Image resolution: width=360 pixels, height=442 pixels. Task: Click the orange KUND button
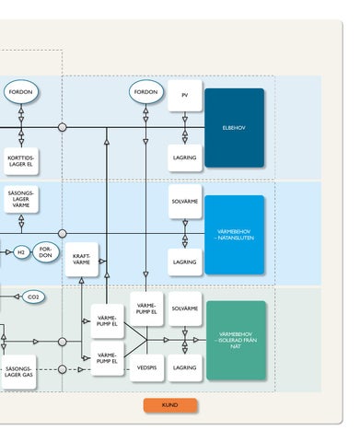(x=170, y=405)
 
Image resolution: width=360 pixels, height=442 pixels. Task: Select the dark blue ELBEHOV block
(x=234, y=128)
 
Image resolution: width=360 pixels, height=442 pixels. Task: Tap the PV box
(x=185, y=96)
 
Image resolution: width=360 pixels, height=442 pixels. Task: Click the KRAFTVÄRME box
(x=82, y=260)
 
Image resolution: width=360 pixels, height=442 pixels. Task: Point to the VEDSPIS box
(x=146, y=367)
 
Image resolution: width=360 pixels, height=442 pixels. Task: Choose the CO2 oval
(x=33, y=297)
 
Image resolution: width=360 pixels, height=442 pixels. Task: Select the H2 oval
(x=21, y=252)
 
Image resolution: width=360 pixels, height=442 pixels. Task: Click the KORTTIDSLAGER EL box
(x=21, y=161)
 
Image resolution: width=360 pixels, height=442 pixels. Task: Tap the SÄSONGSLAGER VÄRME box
(x=21, y=199)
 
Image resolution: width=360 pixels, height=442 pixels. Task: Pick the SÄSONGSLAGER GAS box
(x=18, y=372)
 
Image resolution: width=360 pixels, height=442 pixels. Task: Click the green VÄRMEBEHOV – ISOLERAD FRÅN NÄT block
(x=236, y=341)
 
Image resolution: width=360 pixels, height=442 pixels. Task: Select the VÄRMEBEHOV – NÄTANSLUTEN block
(x=234, y=235)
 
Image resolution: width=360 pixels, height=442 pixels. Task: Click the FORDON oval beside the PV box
(x=146, y=92)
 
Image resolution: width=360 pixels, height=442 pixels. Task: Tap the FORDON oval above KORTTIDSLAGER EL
(x=21, y=92)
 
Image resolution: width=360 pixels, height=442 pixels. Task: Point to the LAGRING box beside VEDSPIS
(x=185, y=367)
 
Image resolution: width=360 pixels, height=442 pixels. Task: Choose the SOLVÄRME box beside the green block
(x=185, y=308)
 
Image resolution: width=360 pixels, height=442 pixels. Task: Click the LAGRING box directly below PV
(x=185, y=157)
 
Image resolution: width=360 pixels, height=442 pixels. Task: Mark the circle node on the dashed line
(x=62, y=369)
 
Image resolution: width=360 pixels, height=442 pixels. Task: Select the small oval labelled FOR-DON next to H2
(x=46, y=252)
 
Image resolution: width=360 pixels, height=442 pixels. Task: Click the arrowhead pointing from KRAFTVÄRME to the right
(x=102, y=262)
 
